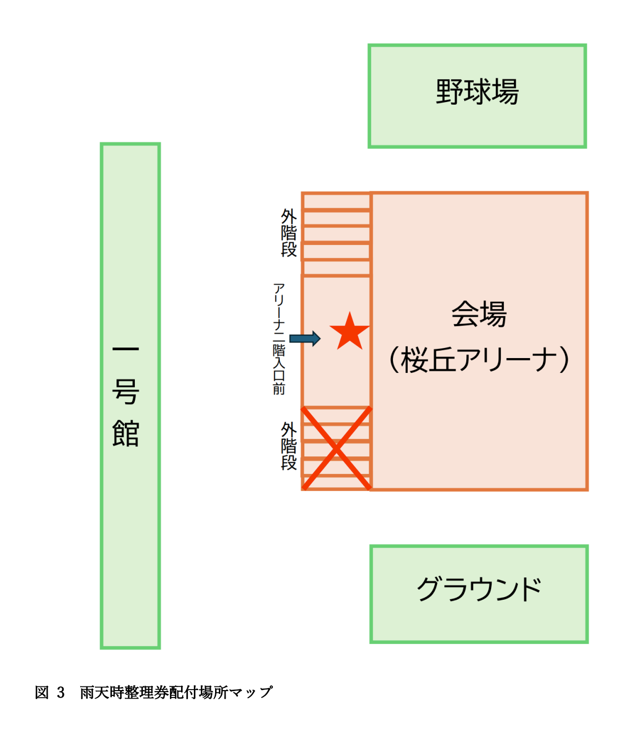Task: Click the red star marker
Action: tap(349, 331)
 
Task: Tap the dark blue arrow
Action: tap(305, 338)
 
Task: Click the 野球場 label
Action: tap(477, 92)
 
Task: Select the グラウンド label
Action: tap(479, 589)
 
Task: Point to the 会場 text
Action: tap(479, 313)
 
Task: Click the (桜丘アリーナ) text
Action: tap(479, 360)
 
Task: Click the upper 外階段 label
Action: tap(289, 233)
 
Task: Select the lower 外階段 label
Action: tap(289, 446)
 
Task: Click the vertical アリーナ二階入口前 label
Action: tap(279, 338)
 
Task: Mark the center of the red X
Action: tap(336, 448)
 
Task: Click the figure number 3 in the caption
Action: tap(61, 692)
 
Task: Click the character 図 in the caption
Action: tap(42, 692)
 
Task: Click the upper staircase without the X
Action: tap(336, 234)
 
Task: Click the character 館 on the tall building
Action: tap(126, 433)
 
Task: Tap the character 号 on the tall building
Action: tap(126, 392)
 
